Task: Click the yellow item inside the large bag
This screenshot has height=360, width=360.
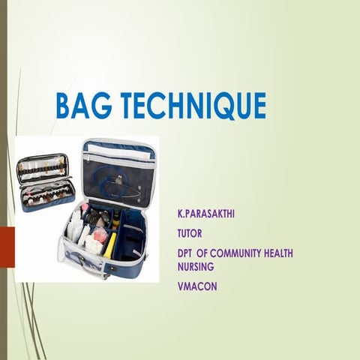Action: tap(110, 244)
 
